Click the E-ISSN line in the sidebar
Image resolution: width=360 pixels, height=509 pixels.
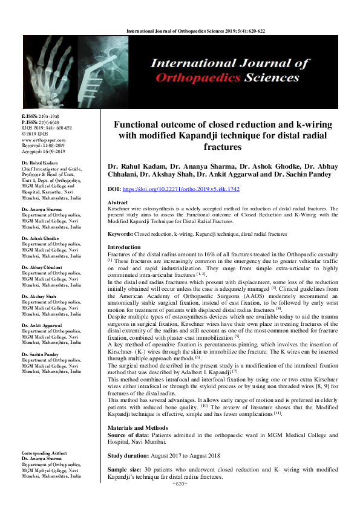[41, 115]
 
